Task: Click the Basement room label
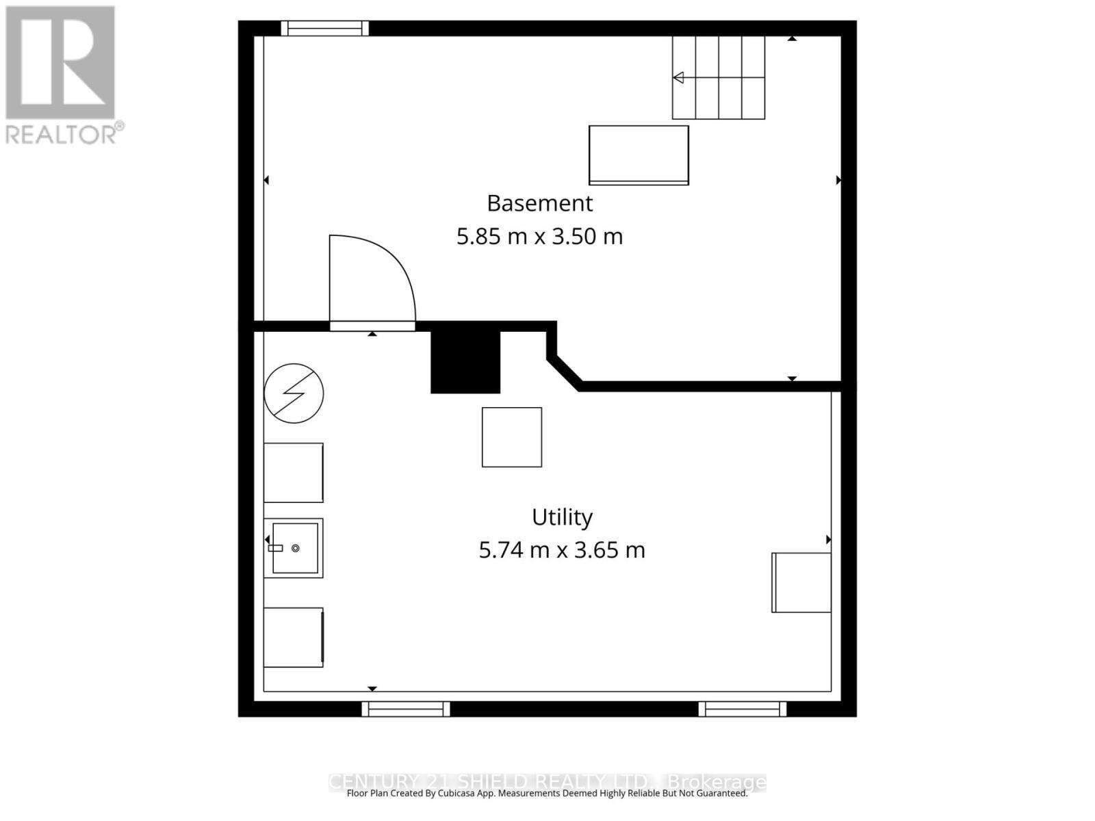click(x=539, y=203)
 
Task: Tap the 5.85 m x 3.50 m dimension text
click(x=539, y=237)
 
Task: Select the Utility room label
click(x=562, y=517)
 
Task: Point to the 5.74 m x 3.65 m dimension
click(x=562, y=550)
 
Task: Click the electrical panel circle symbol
click(x=294, y=393)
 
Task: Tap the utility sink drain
click(x=296, y=548)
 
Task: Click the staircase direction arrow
click(x=678, y=77)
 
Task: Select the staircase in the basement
click(x=719, y=77)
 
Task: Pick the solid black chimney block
click(x=465, y=362)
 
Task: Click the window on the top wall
click(x=325, y=28)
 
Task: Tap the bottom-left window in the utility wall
click(x=406, y=709)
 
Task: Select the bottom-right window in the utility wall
click(x=743, y=709)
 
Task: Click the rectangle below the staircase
click(x=639, y=155)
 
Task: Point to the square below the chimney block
click(x=512, y=437)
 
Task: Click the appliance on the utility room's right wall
click(x=801, y=582)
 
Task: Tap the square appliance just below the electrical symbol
click(x=294, y=473)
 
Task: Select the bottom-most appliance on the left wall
click(x=294, y=637)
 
